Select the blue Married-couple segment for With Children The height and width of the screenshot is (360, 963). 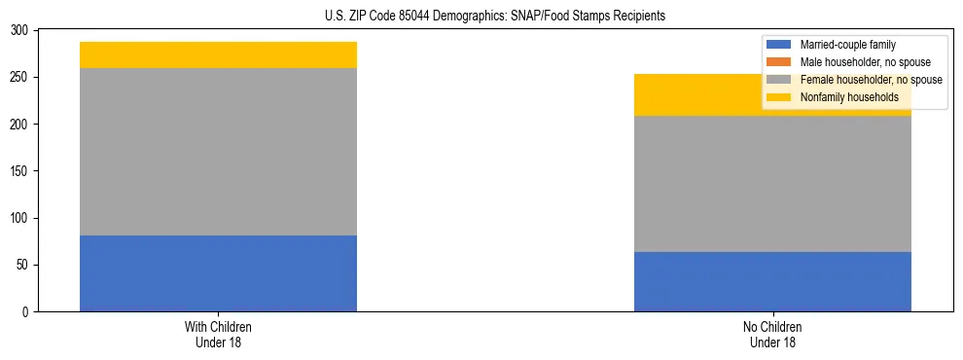(218, 273)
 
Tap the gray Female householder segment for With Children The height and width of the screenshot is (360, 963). (218, 152)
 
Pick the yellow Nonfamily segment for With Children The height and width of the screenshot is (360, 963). (218, 55)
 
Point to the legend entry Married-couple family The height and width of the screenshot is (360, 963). (847, 45)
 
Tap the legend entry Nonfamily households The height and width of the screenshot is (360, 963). (842, 97)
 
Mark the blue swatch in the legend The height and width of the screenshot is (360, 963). (779, 45)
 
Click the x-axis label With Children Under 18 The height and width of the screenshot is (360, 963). (218, 335)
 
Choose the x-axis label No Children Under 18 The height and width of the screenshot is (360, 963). (772, 335)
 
